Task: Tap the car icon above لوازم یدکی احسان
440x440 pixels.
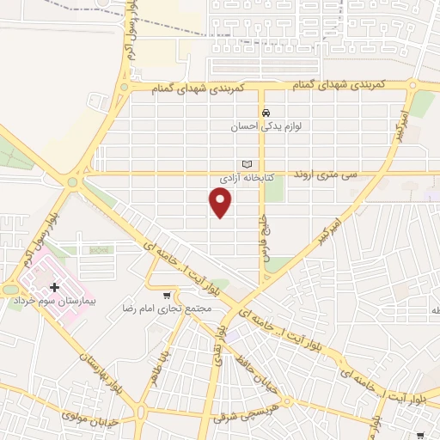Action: pyautogui.click(x=266, y=113)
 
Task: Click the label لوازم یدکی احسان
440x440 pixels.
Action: pyautogui.click(x=266, y=126)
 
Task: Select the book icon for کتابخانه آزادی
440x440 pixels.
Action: pyautogui.click(x=247, y=164)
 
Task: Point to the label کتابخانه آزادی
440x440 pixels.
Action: pyautogui.click(x=247, y=178)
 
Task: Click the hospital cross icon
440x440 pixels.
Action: pyautogui.click(x=56, y=287)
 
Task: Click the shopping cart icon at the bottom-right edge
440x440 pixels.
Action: pyautogui.click(x=419, y=436)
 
